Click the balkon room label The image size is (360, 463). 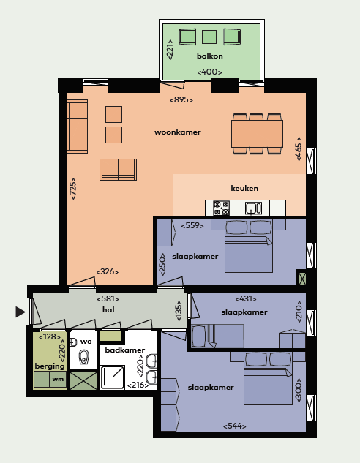click(210, 56)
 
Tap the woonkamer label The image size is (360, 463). click(178, 132)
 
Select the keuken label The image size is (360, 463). click(244, 188)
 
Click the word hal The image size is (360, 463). click(108, 309)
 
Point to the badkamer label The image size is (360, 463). click(125, 350)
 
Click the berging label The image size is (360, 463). click(50, 366)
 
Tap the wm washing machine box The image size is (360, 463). click(58, 379)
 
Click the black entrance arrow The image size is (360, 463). click(20, 312)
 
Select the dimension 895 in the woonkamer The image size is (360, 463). click(181, 100)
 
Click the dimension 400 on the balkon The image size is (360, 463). click(209, 72)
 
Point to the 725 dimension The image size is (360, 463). click(72, 189)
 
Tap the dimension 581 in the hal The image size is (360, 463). click(108, 299)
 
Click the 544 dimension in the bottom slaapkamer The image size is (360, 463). click(234, 426)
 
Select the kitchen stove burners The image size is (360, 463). click(221, 208)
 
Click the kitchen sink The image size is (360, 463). click(253, 208)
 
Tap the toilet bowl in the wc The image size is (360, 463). click(84, 357)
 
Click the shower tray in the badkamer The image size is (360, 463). click(112, 377)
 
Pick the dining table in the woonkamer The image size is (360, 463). click(257, 134)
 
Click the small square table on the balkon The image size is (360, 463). click(209, 37)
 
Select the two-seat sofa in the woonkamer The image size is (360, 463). click(118, 170)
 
